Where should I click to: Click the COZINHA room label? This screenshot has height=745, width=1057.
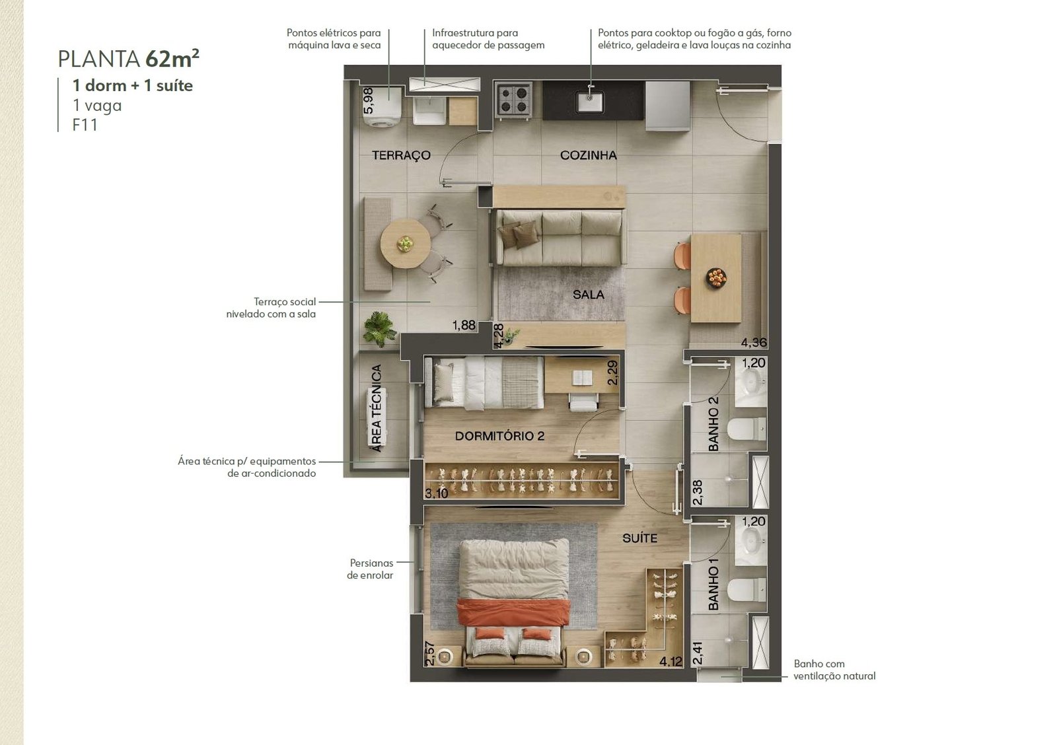(588, 155)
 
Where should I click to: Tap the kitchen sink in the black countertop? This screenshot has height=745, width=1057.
(589, 102)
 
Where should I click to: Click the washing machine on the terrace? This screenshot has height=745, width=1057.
(383, 106)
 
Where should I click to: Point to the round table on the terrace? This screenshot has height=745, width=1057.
(405, 244)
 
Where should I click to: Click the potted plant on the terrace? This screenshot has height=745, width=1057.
(379, 328)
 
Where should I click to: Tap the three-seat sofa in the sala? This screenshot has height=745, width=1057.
(561, 238)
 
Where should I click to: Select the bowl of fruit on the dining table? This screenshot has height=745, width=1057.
(716, 277)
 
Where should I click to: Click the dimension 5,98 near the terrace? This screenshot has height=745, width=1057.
(369, 100)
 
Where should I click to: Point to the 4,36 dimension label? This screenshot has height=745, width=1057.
(754, 343)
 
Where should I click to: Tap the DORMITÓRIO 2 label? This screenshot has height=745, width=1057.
(499, 436)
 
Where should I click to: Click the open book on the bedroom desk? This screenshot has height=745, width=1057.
(582, 378)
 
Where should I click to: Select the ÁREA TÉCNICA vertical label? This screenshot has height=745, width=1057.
(376, 408)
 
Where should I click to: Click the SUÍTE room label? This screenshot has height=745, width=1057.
(639, 538)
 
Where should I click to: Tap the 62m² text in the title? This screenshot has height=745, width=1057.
(172, 59)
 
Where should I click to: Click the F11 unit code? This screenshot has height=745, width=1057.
(85, 125)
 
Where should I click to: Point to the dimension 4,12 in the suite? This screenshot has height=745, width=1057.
(671, 662)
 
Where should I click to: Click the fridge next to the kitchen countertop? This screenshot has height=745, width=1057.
(667, 106)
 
